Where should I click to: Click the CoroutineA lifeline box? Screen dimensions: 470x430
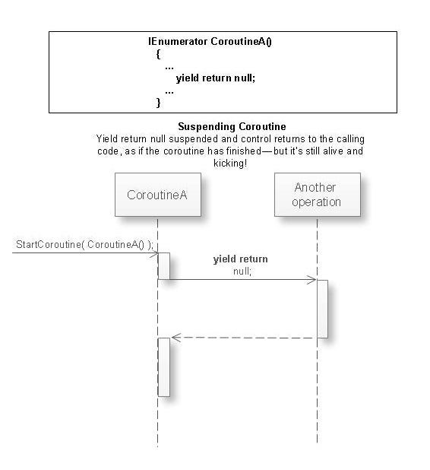pos(157,195)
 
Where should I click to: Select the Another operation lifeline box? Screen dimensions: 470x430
pos(317,195)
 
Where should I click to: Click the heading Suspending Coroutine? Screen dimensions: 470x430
pos(232,126)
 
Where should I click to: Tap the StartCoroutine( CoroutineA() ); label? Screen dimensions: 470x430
pos(84,244)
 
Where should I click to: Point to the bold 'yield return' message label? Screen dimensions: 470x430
pos(241,259)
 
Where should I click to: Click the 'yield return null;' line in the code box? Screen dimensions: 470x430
pos(216,78)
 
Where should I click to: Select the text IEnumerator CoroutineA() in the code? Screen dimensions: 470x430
pos(210,41)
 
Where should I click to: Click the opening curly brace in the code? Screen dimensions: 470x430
pos(158,54)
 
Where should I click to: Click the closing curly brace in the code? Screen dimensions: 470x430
pos(158,101)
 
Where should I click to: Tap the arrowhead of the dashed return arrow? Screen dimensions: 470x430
pos(175,337)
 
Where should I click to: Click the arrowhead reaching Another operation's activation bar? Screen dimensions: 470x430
pos(311,280)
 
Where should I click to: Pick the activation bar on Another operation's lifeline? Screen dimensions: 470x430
pos(322,309)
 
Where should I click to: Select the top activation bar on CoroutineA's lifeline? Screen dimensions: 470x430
pos(163,266)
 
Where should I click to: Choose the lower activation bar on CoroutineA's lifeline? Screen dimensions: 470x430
pos(163,367)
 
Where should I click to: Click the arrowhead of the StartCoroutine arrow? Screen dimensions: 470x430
pos(153,253)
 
